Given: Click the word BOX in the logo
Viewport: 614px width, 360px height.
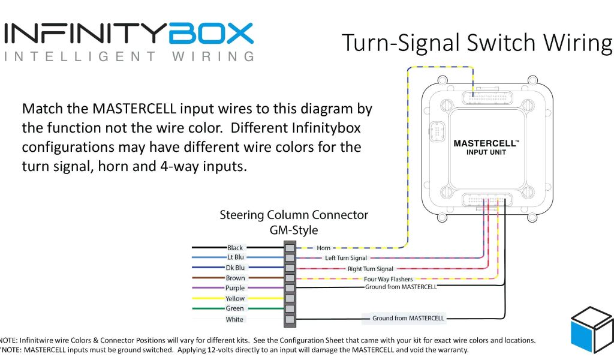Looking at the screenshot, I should tap(211, 34).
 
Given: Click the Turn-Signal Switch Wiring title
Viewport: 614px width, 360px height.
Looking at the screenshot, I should tap(477, 43).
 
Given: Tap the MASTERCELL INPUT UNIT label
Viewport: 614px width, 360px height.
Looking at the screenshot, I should tap(486, 148).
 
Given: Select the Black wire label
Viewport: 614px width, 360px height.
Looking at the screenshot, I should tap(235, 248).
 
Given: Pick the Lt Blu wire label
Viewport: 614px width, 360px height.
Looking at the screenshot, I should tap(235, 257).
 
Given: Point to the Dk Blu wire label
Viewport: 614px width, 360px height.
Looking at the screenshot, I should tap(235, 268).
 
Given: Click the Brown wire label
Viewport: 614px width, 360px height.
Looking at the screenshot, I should tap(235, 278).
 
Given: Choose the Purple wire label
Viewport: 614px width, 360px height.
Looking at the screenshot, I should tap(235, 288).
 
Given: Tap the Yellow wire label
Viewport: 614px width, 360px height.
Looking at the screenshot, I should tap(235, 298).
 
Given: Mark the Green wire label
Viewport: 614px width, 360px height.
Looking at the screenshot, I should tap(235, 308).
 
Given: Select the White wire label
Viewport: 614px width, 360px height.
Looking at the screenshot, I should tap(234, 319).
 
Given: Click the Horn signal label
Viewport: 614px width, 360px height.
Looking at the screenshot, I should tap(324, 248).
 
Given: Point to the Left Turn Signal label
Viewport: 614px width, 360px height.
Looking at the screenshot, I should tap(346, 258).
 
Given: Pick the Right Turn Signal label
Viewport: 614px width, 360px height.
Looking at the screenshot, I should tap(371, 269).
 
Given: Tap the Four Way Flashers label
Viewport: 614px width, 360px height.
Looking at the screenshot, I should tap(388, 279).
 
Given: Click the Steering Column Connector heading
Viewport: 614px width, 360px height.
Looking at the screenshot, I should tap(294, 215).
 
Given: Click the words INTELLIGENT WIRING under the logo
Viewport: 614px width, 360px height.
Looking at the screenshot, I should tap(129, 57).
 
